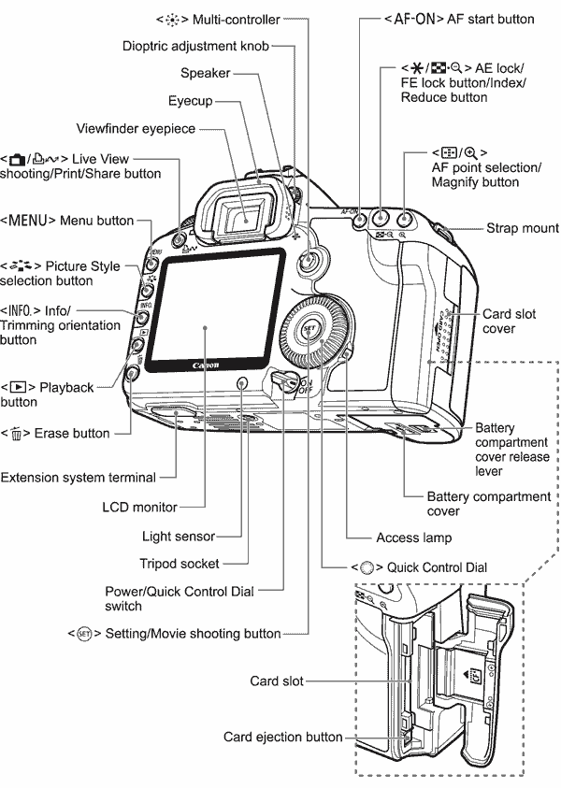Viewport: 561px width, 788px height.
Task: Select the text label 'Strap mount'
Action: pos(522,228)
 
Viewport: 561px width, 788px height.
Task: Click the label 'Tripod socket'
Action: pos(180,564)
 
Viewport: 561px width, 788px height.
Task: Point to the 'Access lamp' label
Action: pos(413,537)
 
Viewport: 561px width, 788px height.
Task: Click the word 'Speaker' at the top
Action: pos(206,72)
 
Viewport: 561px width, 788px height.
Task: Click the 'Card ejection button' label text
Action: pos(282,738)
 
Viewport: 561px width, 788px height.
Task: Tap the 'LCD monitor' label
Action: pos(141,507)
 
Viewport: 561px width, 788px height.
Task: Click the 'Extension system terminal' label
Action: pos(79,478)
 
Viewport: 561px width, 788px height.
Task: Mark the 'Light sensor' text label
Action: pos(179,537)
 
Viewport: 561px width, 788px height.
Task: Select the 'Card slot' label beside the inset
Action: pos(277,681)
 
